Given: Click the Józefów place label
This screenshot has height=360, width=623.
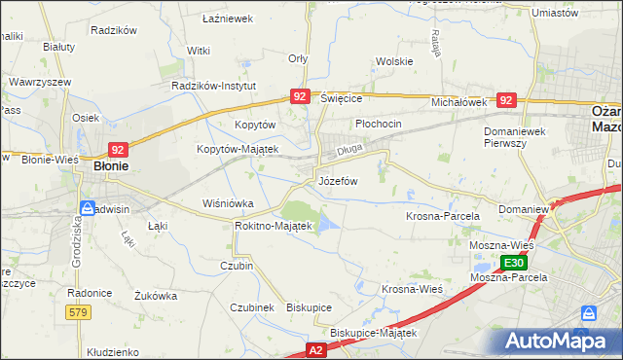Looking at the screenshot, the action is coord(338,182).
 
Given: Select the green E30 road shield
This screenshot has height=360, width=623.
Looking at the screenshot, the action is coord(515,263).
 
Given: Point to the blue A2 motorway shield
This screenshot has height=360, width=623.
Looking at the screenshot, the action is coord(315,348).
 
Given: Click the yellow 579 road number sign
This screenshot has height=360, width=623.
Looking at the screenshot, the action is coord(79,311).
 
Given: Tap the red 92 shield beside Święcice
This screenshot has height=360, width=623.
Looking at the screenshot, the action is coord(300,96).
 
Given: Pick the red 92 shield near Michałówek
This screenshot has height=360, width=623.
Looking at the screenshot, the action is coord(505,100).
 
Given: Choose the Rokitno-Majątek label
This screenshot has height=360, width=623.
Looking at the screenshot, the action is coord(273,226).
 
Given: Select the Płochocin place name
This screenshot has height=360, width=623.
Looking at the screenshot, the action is coord(379,125).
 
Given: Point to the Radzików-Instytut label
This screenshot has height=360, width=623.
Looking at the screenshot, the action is coord(212,86).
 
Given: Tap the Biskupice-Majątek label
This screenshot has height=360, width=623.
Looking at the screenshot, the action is coord(373,333).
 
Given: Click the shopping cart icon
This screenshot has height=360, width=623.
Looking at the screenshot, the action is coord(588,313).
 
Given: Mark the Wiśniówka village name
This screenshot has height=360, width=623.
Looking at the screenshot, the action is coord(227,204).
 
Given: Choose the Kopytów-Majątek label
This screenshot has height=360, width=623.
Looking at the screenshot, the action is coord(238,149).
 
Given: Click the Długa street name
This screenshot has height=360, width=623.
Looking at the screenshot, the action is coord(349,151).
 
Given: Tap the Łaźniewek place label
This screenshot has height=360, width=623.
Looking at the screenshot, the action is coord(227,18).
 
